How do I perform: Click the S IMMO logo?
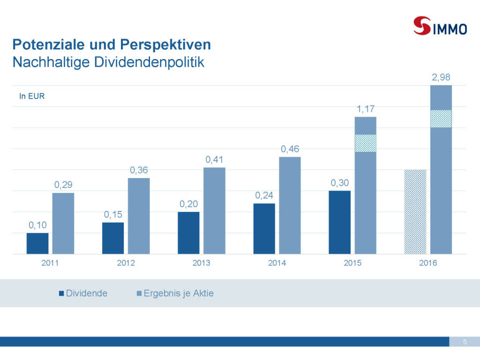pos(440,26)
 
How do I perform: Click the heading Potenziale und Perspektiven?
pos(112,45)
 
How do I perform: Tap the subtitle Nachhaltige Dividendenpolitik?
pos(108,62)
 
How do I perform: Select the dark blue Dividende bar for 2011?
pos(37,243)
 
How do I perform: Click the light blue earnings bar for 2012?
pos(139,216)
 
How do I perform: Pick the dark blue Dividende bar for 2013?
pos(188,232)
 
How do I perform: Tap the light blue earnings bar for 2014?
pos(290,205)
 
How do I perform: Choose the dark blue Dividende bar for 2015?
pos(339,222)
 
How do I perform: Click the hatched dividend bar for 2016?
pos(415,211)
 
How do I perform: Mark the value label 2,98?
pos(441,77)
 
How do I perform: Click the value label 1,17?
pos(365,109)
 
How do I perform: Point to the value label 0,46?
pos(290,149)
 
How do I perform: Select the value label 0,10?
pos(37,225)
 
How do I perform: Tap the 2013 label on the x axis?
pos(201,263)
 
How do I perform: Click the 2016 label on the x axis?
pos(428,263)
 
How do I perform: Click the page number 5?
pos(465,342)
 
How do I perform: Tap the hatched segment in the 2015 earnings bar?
pos(365,143)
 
